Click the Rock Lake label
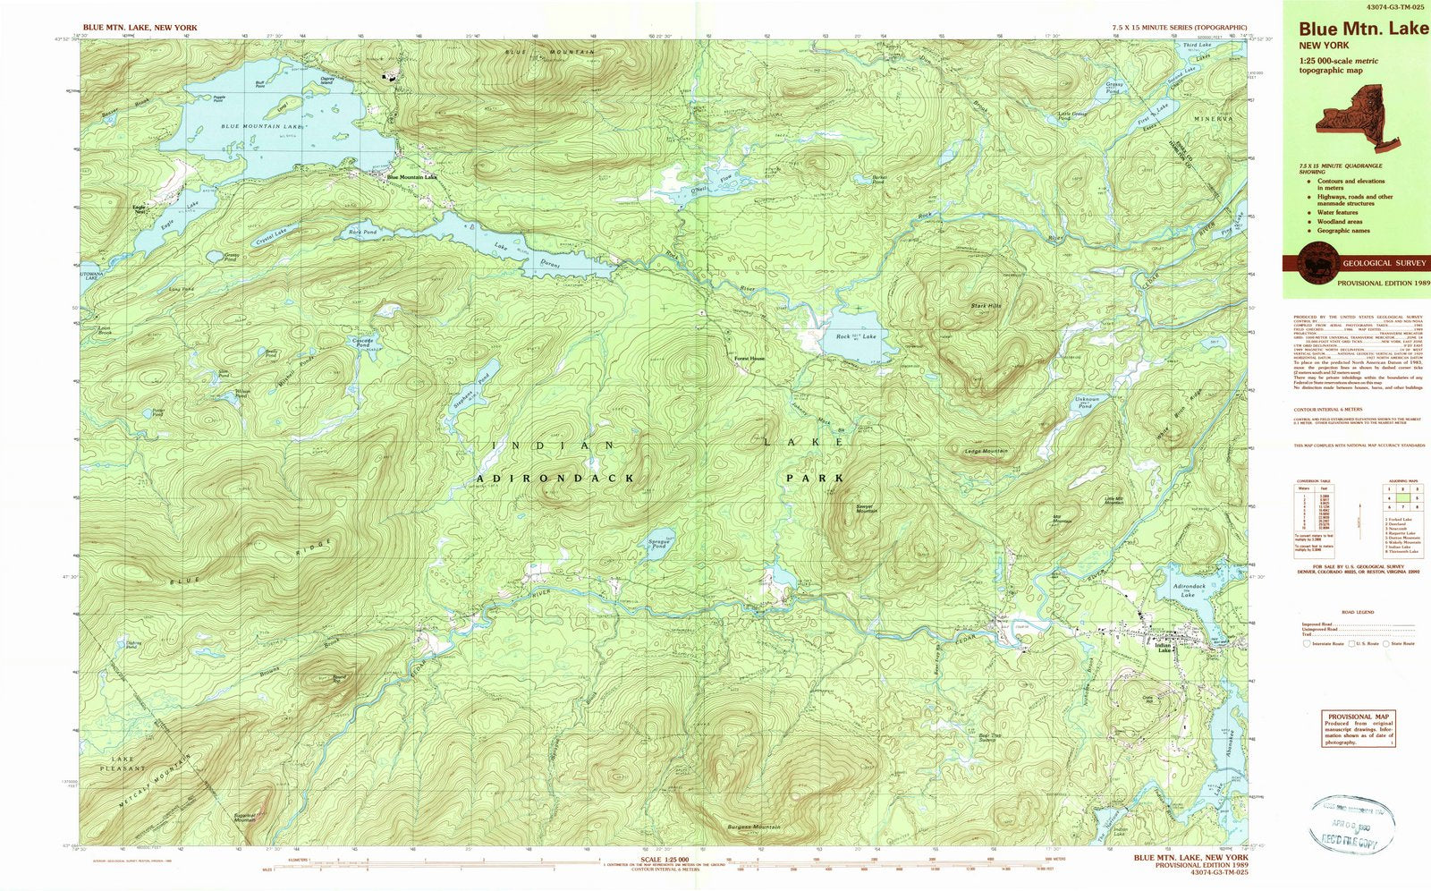(x=856, y=336)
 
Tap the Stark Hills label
(x=986, y=306)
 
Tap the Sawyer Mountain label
(x=867, y=508)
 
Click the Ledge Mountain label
(x=986, y=451)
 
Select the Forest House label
(x=749, y=359)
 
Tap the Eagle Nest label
(x=139, y=209)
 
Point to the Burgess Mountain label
(x=753, y=827)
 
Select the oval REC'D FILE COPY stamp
(x=1351, y=822)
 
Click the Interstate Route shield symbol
(x=1307, y=643)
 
